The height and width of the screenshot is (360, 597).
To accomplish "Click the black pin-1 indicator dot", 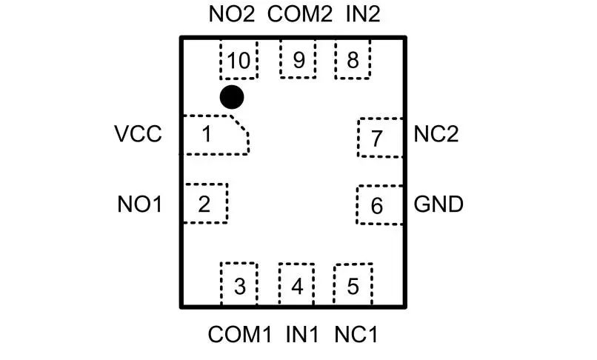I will point(232,96).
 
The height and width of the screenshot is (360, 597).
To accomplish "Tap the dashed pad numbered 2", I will point(205,203).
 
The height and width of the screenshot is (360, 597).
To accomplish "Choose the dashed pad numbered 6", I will point(378,205).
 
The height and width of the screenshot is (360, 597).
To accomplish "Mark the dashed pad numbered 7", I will point(379,137).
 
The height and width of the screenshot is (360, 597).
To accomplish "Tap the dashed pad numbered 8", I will point(353,59).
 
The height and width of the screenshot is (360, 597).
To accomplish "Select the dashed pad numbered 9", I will point(298,59).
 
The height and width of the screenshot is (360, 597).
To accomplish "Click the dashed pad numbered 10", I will point(239,59).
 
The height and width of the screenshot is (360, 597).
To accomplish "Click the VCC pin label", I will point(138,135).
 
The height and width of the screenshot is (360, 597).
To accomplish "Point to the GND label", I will point(438,204).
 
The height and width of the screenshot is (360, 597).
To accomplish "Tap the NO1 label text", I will point(139,204).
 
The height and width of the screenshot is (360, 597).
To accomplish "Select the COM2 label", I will point(299,15).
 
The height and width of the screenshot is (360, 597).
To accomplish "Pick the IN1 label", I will point(301,334).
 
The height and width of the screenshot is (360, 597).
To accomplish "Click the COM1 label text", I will point(239,334).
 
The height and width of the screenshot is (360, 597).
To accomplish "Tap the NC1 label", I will point(356,334).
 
